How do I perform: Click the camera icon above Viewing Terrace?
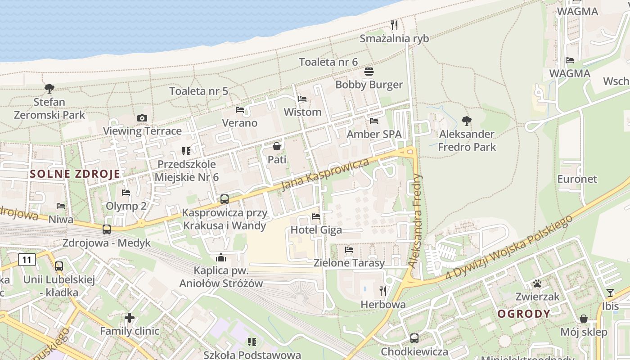(x=142, y=118)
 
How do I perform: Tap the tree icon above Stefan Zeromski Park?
(x=49, y=89)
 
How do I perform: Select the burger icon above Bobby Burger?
(x=369, y=72)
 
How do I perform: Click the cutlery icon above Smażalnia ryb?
(x=394, y=25)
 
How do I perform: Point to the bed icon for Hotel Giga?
(x=316, y=216)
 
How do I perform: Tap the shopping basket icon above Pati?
(x=277, y=146)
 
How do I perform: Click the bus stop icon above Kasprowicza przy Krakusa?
(x=225, y=199)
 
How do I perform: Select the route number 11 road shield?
(x=27, y=260)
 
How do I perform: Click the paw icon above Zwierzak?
(x=537, y=283)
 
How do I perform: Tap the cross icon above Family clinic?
(x=130, y=318)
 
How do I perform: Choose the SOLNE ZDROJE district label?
(x=75, y=174)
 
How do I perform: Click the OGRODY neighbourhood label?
(x=524, y=314)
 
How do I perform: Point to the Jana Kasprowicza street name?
(x=325, y=174)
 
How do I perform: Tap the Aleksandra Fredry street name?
(x=415, y=220)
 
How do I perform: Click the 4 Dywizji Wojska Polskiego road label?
(x=509, y=247)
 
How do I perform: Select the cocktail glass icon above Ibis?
(x=610, y=293)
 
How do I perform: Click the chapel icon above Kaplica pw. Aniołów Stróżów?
(x=220, y=257)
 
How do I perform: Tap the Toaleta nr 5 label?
(x=199, y=91)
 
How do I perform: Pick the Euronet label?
(x=577, y=179)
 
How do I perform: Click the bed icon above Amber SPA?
(x=374, y=121)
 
